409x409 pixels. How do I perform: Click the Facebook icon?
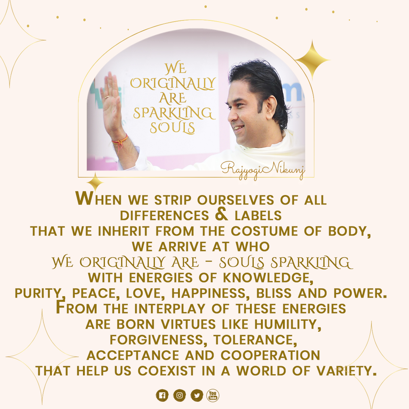(162, 395)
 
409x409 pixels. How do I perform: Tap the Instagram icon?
(180, 395)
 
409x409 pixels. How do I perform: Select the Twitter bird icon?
(197, 395)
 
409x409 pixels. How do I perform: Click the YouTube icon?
(213, 395)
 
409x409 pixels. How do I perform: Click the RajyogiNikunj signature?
(263, 170)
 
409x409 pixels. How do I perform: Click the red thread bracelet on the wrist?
(120, 141)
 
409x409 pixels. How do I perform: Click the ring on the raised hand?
(107, 97)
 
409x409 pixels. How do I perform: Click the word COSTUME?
(264, 231)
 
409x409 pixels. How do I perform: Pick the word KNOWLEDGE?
(268, 278)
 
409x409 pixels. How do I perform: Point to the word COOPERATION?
(270, 355)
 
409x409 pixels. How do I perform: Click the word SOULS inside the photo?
(172, 128)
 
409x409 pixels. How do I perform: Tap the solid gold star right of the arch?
(312, 60)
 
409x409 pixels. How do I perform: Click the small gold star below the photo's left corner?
(95, 182)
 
